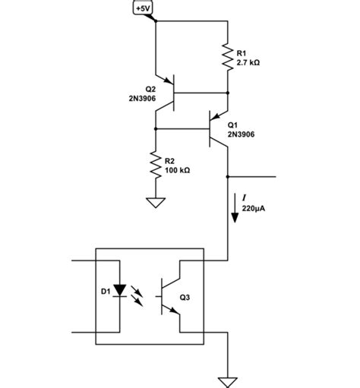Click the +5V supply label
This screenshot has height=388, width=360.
tap(143, 8)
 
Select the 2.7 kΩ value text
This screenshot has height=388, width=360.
tap(249, 63)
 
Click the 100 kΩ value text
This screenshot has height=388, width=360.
tap(176, 171)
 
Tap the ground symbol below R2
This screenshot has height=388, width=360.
tap(155, 203)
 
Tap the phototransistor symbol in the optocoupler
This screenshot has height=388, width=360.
tap(170, 297)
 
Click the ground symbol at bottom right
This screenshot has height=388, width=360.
tap(228, 379)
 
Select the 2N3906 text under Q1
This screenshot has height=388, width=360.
tap(241, 134)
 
